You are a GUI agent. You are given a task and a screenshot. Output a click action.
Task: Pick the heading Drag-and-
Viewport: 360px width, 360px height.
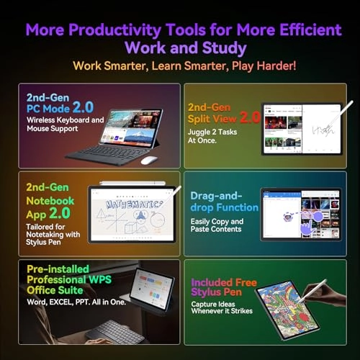pos(214,196)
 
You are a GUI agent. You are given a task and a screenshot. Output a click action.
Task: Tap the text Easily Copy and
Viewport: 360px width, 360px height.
pos(217,222)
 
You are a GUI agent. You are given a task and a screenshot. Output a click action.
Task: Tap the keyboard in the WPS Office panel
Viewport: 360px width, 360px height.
pos(115,330)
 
